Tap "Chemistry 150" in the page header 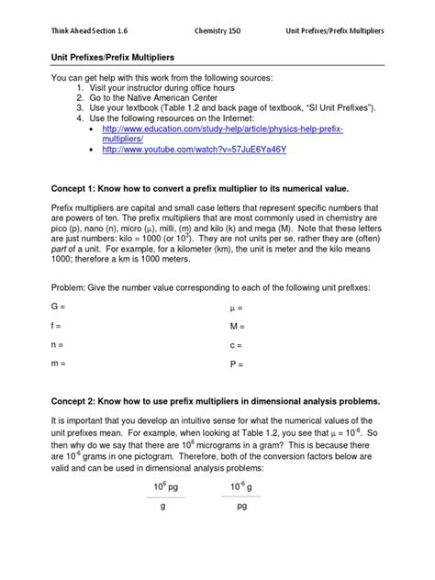(220, 31)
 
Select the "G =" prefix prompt (56, 305)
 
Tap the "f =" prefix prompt (55, 325)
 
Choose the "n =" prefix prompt (55, 345)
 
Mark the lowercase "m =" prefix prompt (56, 365)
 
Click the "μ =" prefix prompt (235, 305)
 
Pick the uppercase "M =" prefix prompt (236, 325)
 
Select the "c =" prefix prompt (235, 345)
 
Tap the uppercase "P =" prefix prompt (235, 365)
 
